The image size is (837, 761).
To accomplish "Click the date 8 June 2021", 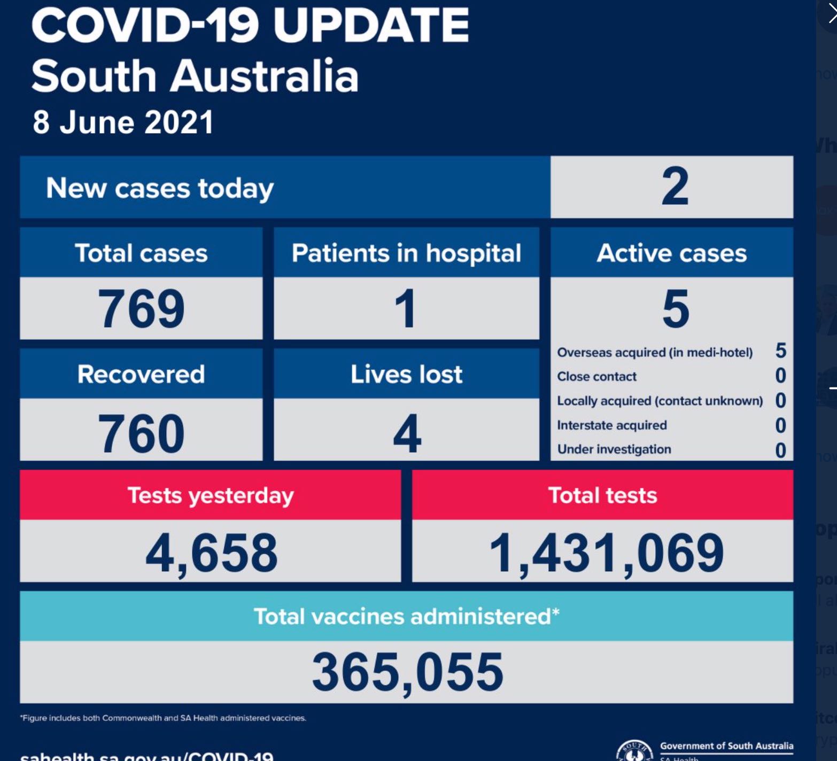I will click(123, 122).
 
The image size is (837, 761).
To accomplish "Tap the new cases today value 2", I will click(675, 187).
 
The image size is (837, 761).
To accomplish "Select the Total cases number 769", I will click(141, 308).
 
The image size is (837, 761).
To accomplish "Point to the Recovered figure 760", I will click(141, 433).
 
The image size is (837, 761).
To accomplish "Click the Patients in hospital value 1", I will click(406, 308).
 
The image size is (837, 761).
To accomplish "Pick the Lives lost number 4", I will click(407, 433).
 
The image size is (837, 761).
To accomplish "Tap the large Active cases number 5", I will click(675, 308).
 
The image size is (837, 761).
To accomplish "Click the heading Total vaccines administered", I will click(406, 617).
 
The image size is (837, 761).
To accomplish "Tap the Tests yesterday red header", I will click(211, 495).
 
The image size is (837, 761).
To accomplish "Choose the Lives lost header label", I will click(406, 374).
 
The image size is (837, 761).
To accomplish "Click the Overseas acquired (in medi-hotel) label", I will click(655, 353).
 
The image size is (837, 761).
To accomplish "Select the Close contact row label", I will click(596, 377).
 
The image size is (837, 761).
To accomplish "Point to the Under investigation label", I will click(614, 449).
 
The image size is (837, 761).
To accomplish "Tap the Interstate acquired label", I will click(612, 425).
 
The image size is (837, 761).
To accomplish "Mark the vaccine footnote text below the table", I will click(163, 718).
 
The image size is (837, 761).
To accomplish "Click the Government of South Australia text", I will click(726, 746).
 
